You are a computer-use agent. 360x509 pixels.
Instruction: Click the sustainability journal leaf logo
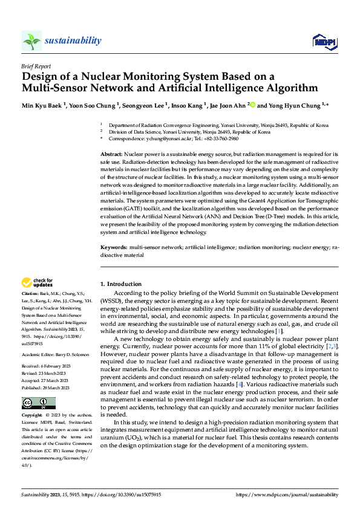[x=32, y=41]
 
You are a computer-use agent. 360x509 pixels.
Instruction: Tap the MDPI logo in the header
[x=324, y=41]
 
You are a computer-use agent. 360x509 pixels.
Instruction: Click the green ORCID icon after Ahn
[x=251, y=105]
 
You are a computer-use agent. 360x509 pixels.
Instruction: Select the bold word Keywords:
[x=114, y=248]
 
